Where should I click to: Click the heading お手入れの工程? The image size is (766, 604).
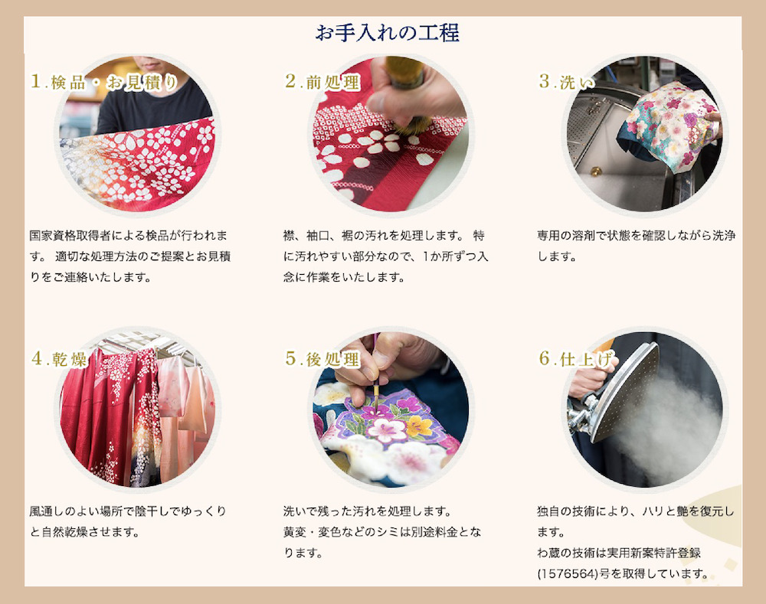(388, 33)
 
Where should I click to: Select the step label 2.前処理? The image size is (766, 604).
(322, 83)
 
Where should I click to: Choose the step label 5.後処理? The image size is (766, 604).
(322, 358)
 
